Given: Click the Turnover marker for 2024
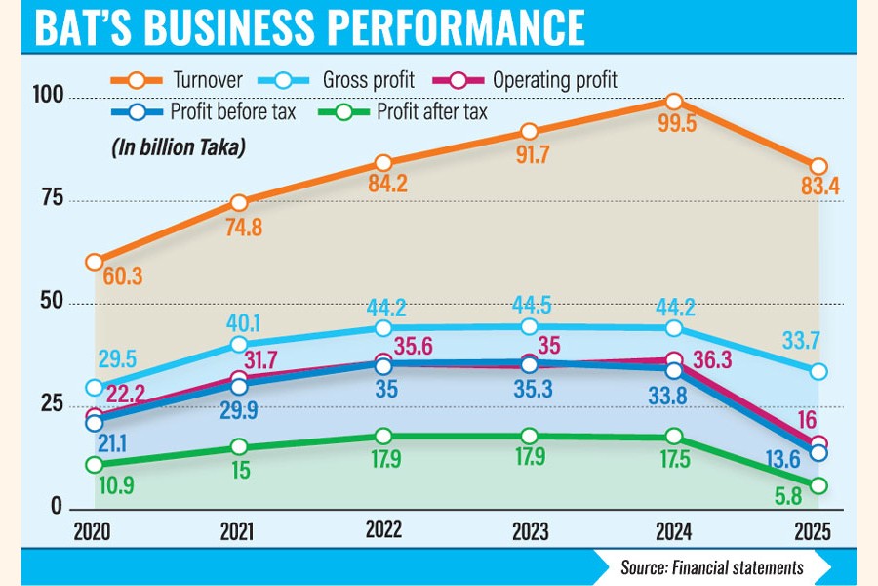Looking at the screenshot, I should (x=673, y=102).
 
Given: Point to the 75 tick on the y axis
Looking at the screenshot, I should (x=51, y=198).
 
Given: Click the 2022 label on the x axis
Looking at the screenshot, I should (x=384, y=530).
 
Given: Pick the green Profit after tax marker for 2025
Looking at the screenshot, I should (x=818, y=485).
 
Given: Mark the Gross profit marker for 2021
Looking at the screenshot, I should (x=239, y=344).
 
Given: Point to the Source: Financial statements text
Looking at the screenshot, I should (x=711, y=566).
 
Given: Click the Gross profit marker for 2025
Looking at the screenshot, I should (x=818, y=371).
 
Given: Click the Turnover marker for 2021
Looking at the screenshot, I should (x=239, y=202).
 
